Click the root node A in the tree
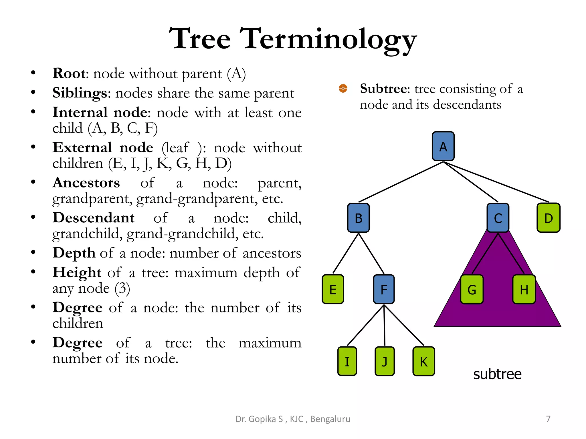tap(443, 146)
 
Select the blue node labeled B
tap(358, 218)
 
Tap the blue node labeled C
tap(498, 218)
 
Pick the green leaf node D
tap(548, 218)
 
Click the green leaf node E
tap(333, 289)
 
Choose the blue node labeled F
tap(384, 289)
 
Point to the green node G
tap(472, 289)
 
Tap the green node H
tap(524, 289)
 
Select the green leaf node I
tap(347, 361)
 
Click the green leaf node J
tap(385, 361)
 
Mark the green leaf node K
tap(424, 361)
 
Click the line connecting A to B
tap(401, 182)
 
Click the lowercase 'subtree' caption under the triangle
tap(497, 374)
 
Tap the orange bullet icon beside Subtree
tap(343, 88)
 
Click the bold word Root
tap(69, 73)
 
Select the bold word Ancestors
tap(86, 183)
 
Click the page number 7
tap(548, 419)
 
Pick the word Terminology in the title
tap(328, 39)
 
